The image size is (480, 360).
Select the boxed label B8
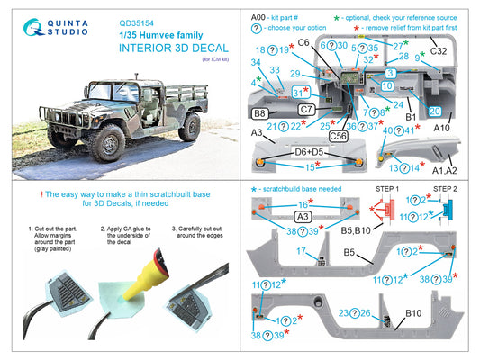[x=258, y=114]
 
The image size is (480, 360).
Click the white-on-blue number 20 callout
[x=434, y=112]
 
